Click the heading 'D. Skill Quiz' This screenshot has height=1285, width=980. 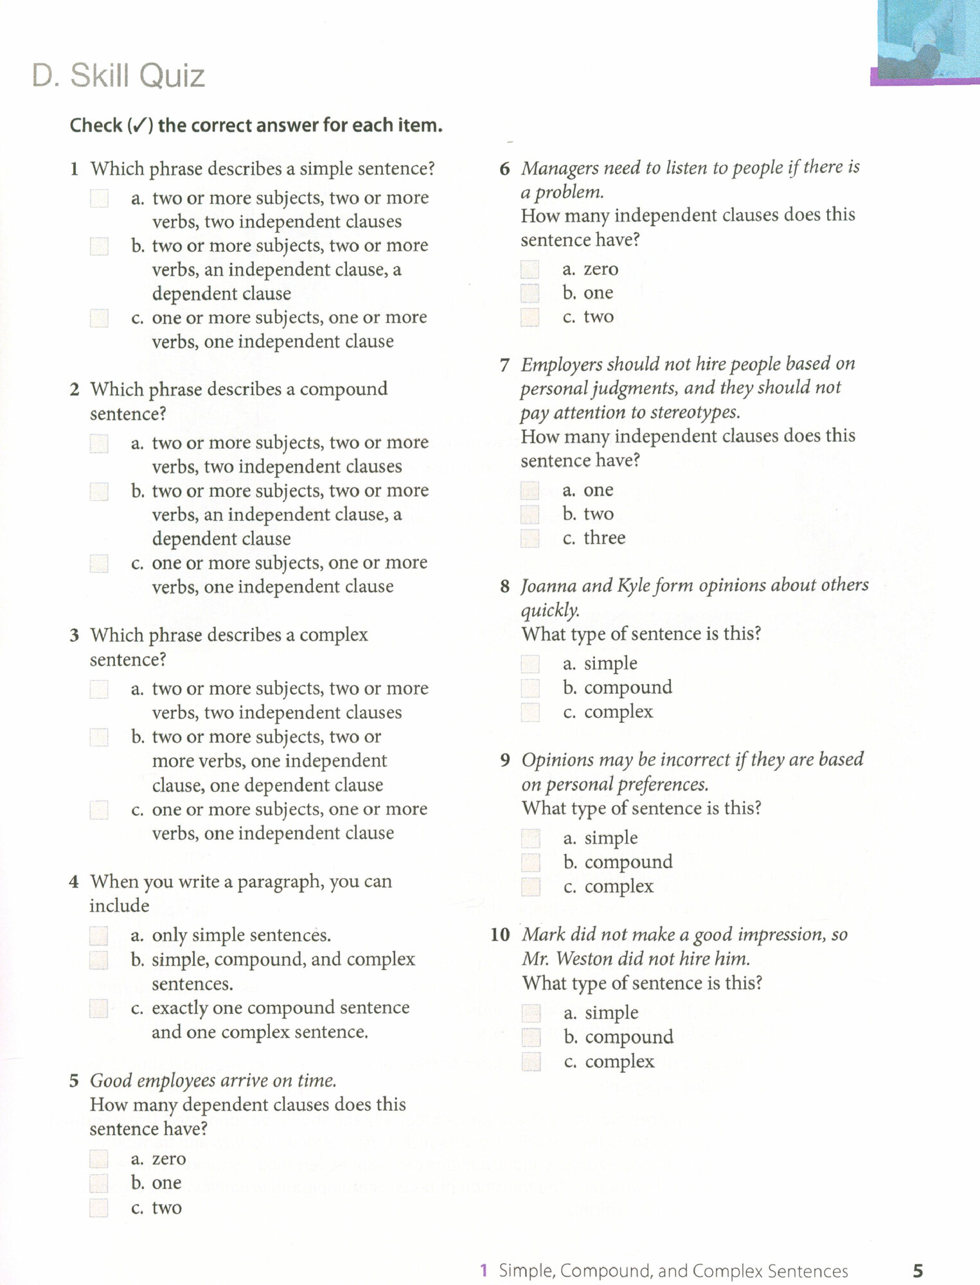tap(118, 76)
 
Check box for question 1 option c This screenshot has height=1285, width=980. tap(99, 318)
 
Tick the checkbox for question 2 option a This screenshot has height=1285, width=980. tap(99, 443)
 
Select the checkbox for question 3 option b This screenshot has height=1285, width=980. tap(99, 737)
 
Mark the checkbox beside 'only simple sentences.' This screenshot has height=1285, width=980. tap(99, 935)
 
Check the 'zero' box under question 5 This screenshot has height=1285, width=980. tap(99, 1159)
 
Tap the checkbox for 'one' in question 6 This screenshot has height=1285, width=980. tap(530, 293)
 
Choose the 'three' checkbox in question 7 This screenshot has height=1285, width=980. tap(530, 538)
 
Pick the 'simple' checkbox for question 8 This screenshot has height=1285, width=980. tap(530, 664)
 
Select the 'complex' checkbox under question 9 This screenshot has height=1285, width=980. tap(531, 887)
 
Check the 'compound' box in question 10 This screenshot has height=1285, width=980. tap(531, 1037)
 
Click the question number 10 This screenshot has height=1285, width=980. tap(500, 935)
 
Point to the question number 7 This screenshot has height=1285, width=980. tap(505, 365)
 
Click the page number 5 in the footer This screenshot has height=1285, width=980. tap(918, 1270)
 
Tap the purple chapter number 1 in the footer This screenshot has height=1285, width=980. tap(484, 1270)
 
